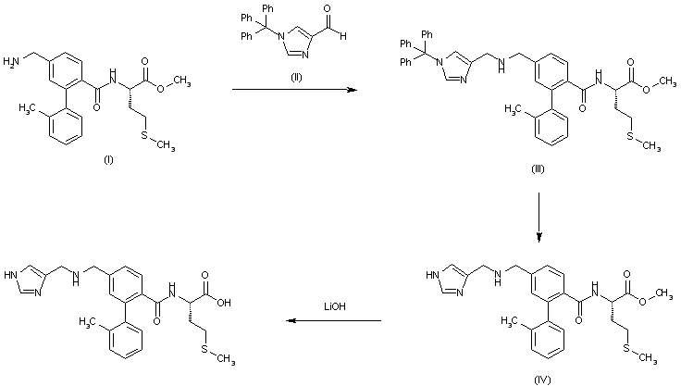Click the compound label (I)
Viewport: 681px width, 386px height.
[x=107, y=160]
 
